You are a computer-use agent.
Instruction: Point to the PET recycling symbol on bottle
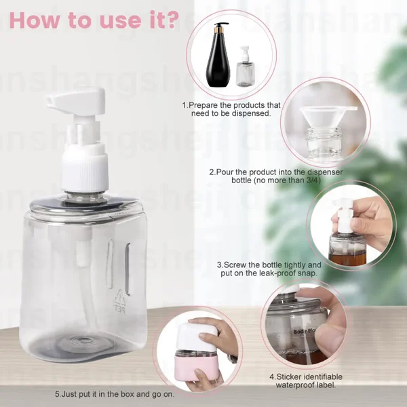coord(121,298)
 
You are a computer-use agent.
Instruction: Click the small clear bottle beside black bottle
coord(245,68)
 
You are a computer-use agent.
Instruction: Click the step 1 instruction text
coord(231,109)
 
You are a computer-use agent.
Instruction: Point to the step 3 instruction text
coord(269,269)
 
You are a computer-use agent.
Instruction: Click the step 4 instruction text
coord(309,381)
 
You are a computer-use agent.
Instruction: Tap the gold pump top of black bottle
coord(218,26)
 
